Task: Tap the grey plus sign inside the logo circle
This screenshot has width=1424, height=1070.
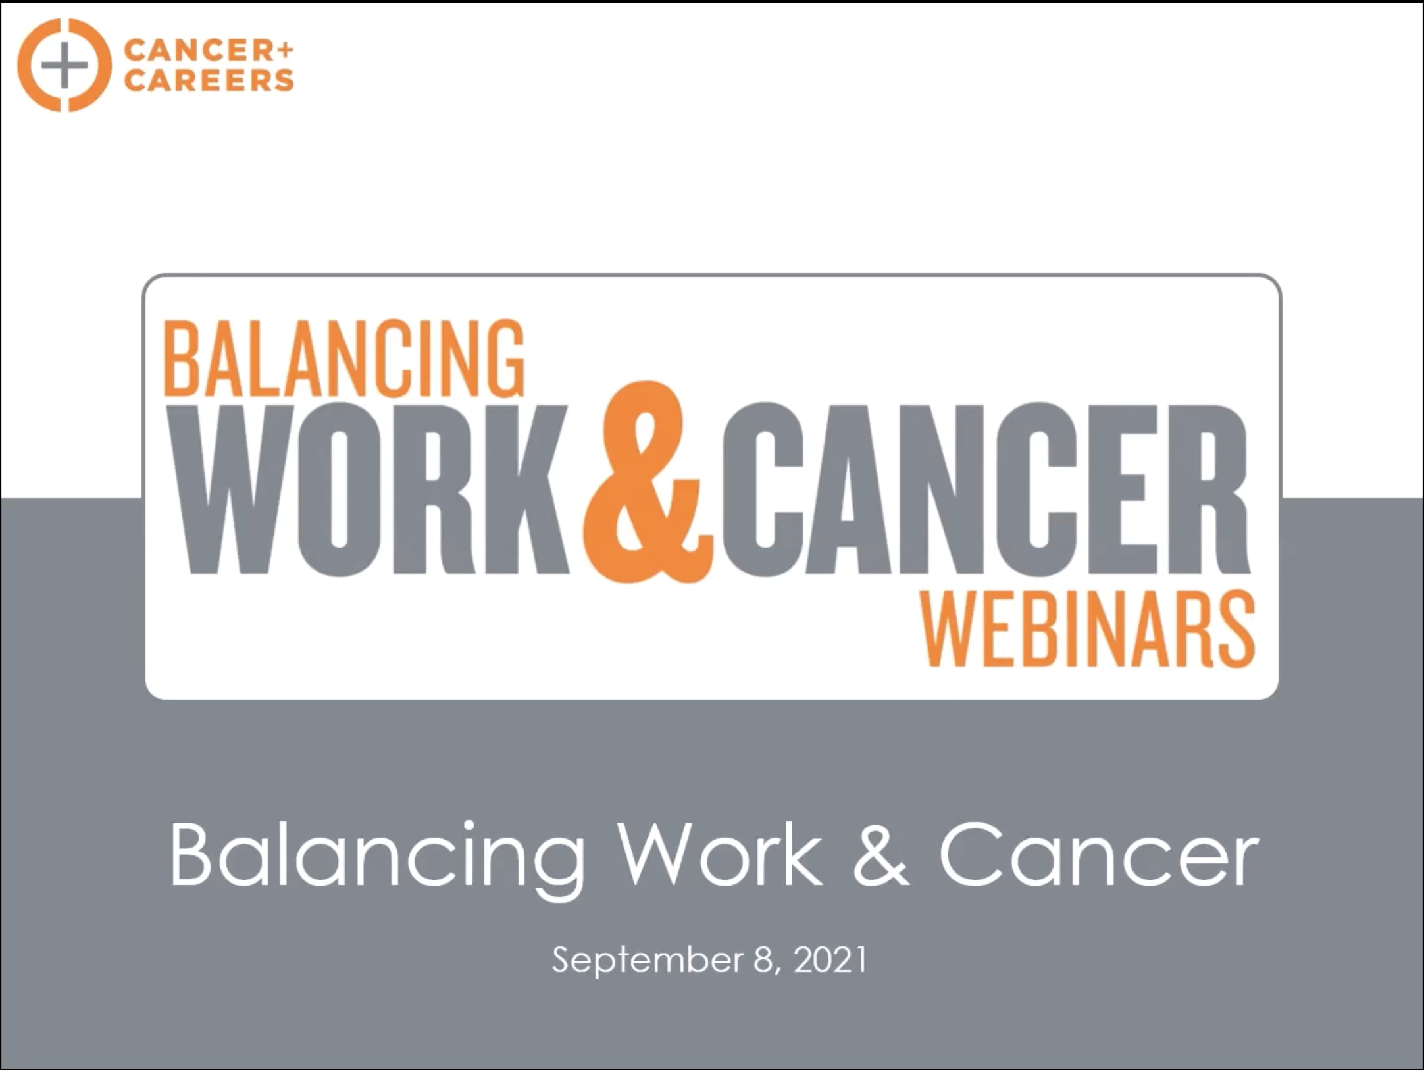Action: click(x=64, y=65)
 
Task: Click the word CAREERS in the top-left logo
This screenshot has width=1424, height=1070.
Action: click(x=209, y=81)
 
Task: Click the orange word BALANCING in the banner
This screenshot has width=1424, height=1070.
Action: click(x=344, y=359)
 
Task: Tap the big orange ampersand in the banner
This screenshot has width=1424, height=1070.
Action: click(x=648, y=482)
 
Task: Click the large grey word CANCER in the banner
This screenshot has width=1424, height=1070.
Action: click(x=986, y=490)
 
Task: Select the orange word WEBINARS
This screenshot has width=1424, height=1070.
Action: click(x=1087, y=629)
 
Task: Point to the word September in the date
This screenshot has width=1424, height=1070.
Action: click(x=648, y=960)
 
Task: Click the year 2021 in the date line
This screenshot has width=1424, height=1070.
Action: click(x=830, y=959)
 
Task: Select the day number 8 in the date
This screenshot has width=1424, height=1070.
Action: click(x=764, y=959)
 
